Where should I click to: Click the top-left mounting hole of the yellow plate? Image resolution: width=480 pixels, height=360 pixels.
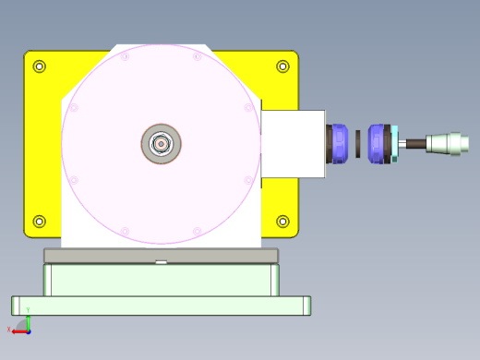click(x=39, y=66)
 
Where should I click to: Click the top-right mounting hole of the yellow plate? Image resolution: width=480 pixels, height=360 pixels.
click(x=282, y=66)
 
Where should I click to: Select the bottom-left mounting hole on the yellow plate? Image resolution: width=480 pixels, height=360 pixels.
click(x=39, y=221)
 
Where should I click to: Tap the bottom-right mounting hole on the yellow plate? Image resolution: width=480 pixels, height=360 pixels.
click(x=282, y=221)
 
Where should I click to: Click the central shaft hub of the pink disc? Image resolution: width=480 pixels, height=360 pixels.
click(x=161, y=143)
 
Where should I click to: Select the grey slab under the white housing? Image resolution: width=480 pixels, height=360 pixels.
click(x=161, y=255)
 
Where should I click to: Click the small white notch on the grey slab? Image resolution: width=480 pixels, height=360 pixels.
click(x=161, y=262)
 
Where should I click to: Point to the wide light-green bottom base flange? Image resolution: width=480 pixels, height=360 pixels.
click(x=161, y=306)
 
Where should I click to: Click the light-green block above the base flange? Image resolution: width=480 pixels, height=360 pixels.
click(x=161, y=280)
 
